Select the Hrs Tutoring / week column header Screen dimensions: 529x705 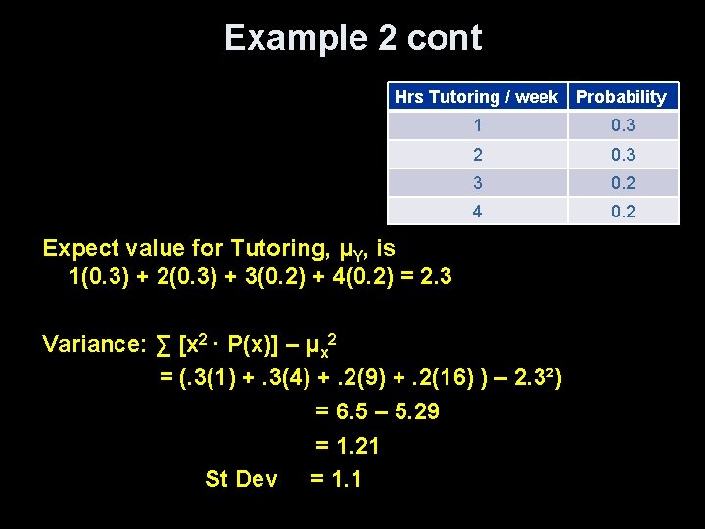(x=476, y=97)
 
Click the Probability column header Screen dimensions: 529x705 (x=621, y=97)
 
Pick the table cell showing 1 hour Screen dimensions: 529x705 (x=477, y=125)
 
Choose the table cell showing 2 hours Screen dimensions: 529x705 (x=477, y=154)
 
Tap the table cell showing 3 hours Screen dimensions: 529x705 (x=477, y=182)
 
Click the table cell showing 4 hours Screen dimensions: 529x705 (x=477, y=211)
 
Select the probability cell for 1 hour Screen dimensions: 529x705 (x=623, y=125)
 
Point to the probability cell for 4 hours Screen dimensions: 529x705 (x=623, y=211)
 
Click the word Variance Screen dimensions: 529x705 (x=93, y=344)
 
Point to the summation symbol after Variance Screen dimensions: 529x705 (x=164, y=345)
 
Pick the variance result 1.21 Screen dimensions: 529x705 (x=357, y=447)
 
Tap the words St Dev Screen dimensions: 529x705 (x=241, y=480)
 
